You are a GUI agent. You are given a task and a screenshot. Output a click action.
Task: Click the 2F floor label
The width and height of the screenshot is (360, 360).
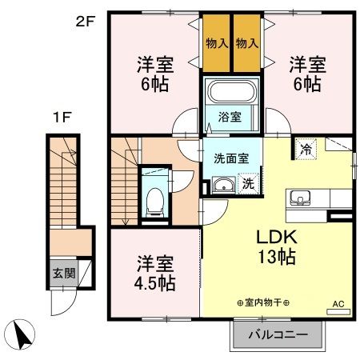click(x=85, y=22)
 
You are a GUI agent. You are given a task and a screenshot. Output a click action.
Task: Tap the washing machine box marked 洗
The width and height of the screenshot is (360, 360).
click(x=248, y=182)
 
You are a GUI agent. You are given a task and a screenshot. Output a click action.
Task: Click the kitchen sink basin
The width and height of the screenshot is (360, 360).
click(x=301, y=198)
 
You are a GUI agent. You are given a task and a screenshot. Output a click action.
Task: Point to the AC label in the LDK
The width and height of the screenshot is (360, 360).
click(x=337, y=303)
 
